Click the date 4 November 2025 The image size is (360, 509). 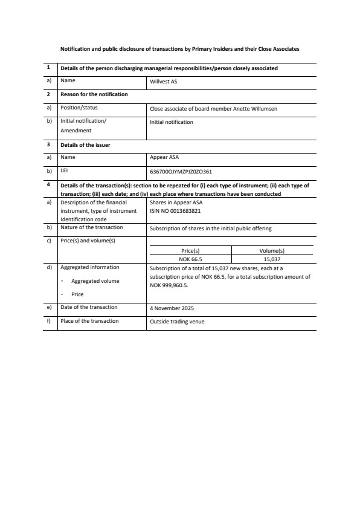click(x=172, y=308)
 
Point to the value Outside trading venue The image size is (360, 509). click(x=177, y=322)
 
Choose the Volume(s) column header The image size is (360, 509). click(x=271, y=251)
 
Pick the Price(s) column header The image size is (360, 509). click(x=190, y=251)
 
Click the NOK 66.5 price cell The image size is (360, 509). click(x=190, y=259)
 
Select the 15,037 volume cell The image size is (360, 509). click(x=271, y=259)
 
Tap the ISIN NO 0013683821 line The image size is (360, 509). click(x=175, y=212)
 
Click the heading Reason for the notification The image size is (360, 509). click(x=94, y=94)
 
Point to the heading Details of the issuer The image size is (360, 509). click(x=85, y=145)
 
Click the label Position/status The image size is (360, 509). click(x=79, y=108)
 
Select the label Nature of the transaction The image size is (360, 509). click(x=92, y=227)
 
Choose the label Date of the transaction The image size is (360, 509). click(x=89, y=307)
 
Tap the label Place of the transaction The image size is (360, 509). click(x=89, y=321)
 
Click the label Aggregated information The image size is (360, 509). click(x=90, y=267)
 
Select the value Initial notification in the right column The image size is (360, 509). click(x=172, y=122)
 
